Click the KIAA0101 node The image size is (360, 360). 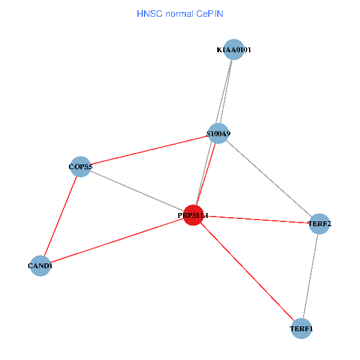[233, 50]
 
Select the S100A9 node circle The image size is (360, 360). [218, 133]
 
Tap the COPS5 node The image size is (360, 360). [80, 166]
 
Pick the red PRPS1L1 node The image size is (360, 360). [193, 215]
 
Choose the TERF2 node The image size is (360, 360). [319, 224]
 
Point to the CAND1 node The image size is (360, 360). [40, 265]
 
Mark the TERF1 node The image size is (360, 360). [301, 329]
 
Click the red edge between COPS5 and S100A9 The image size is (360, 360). [149, 150]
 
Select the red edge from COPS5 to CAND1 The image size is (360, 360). [60, 216]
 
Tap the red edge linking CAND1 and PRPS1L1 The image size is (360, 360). [117, 240]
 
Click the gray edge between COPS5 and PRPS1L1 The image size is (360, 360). [137, 190]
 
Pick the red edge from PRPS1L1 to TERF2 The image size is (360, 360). [256, 219]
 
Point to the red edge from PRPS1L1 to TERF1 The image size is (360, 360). [247, 272]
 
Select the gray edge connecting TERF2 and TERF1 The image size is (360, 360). [310, 276]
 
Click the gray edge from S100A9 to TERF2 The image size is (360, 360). [269, 179]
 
